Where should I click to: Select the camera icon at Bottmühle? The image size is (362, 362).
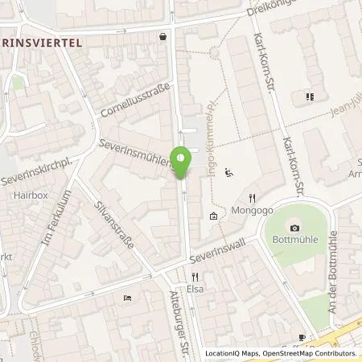click(294, 228)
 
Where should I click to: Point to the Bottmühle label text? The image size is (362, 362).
click(294, 242)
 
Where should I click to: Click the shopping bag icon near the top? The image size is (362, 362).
click(163, 36)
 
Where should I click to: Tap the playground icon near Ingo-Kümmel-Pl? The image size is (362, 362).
click(229, 171)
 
